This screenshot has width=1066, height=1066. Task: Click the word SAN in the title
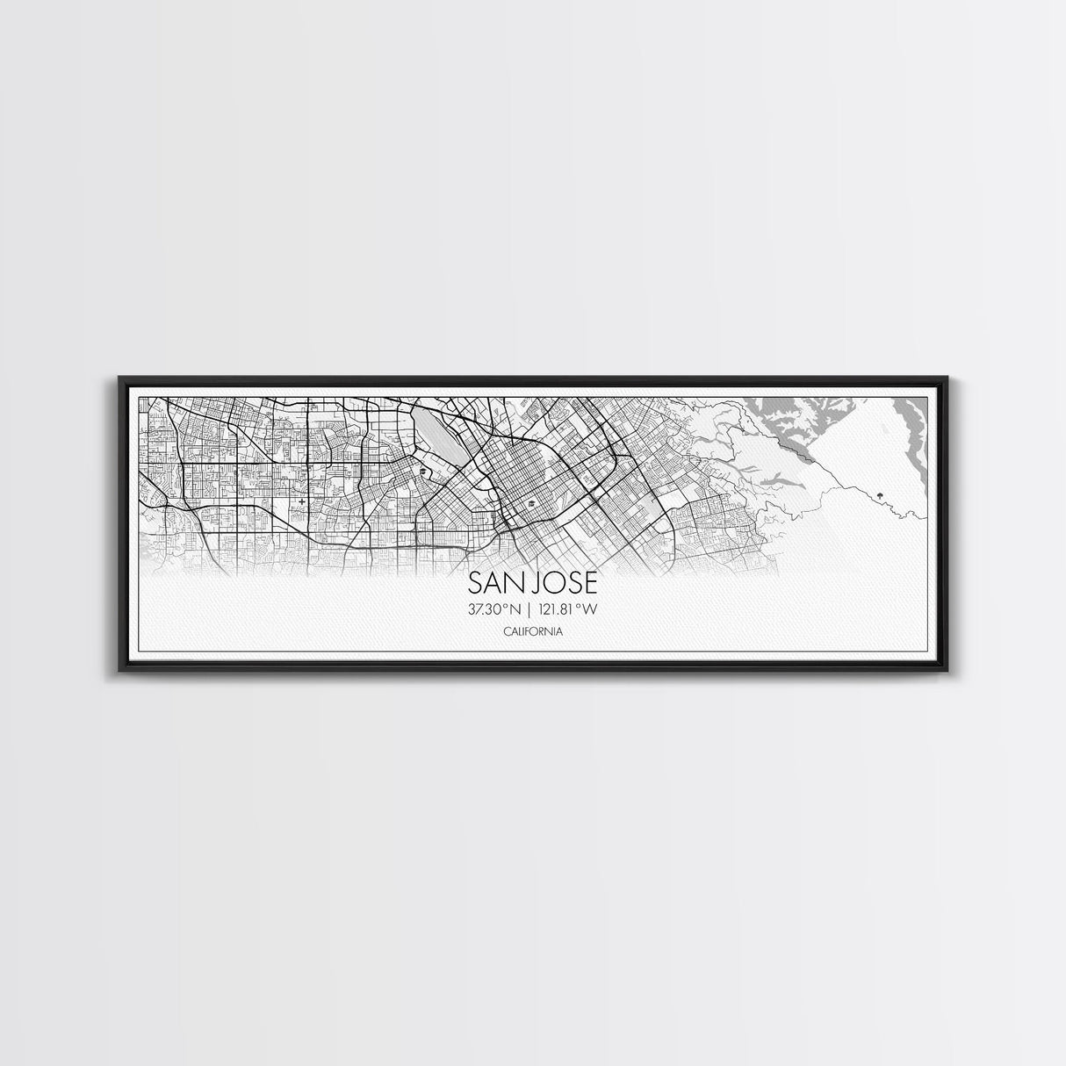[x=494, y=584]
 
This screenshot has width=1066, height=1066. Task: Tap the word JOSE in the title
[x=562, y=584]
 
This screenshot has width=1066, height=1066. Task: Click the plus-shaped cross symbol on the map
[x=303, y=502]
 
